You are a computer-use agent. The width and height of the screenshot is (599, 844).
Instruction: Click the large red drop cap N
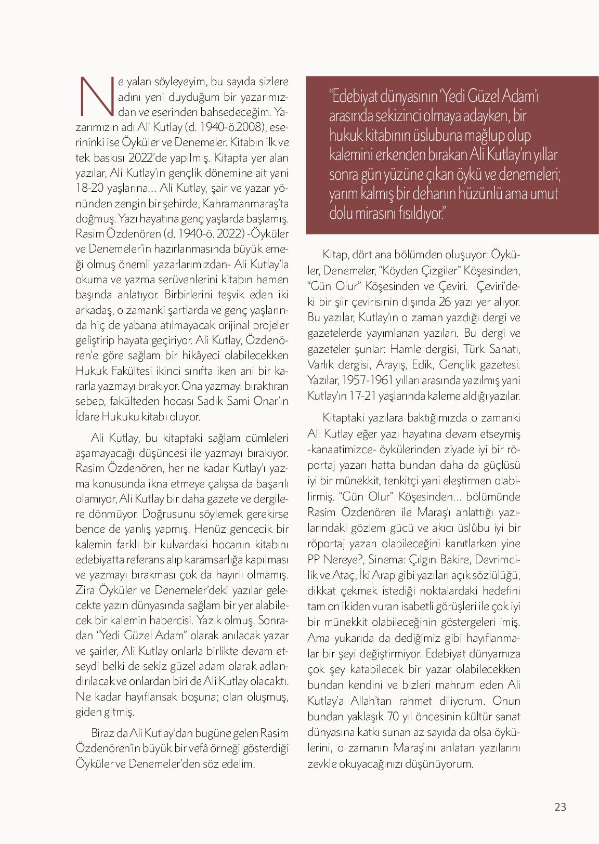tap(97, 96)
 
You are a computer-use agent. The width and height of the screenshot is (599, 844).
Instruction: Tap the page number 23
tap(560, 807)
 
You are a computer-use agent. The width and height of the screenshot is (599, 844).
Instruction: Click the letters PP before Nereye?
tap(316, 559)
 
